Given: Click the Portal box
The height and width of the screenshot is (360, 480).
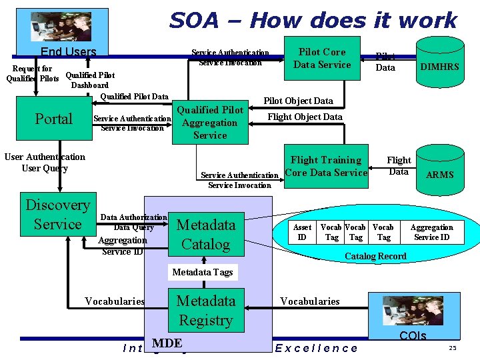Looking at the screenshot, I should (x=53, y=119).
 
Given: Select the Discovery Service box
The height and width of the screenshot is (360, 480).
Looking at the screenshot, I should (x=57, y=215).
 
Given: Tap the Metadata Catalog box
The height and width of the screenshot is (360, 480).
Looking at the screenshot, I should (x=205, y=235).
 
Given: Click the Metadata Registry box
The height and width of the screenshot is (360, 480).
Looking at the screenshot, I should (x=205, y=311).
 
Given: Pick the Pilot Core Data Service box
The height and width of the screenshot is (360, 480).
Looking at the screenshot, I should (x=322, y=58).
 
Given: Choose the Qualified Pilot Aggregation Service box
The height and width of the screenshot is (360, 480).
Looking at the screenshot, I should (x=209, y=123).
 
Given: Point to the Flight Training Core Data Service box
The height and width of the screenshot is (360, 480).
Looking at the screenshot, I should (x=326, y=166).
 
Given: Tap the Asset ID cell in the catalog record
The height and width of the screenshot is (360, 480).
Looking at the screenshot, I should (x=302, y=232).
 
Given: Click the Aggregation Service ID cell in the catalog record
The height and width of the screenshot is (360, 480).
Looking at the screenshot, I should (x=431, y=232).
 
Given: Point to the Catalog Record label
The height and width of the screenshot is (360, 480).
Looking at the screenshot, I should (x=375, y=256).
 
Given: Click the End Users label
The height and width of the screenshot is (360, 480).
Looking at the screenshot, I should (x=69, y=52).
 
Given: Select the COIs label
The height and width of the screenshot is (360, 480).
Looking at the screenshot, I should (x=412, y=335).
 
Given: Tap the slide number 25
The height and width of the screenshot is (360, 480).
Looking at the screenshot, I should (x=453, y=349).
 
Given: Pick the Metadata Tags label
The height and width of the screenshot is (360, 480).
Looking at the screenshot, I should (x=203, y=272).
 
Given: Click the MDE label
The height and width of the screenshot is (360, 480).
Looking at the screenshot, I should (x=167, y=343).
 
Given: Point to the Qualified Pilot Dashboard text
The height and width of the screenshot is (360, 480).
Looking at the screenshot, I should (x=90, y=80).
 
